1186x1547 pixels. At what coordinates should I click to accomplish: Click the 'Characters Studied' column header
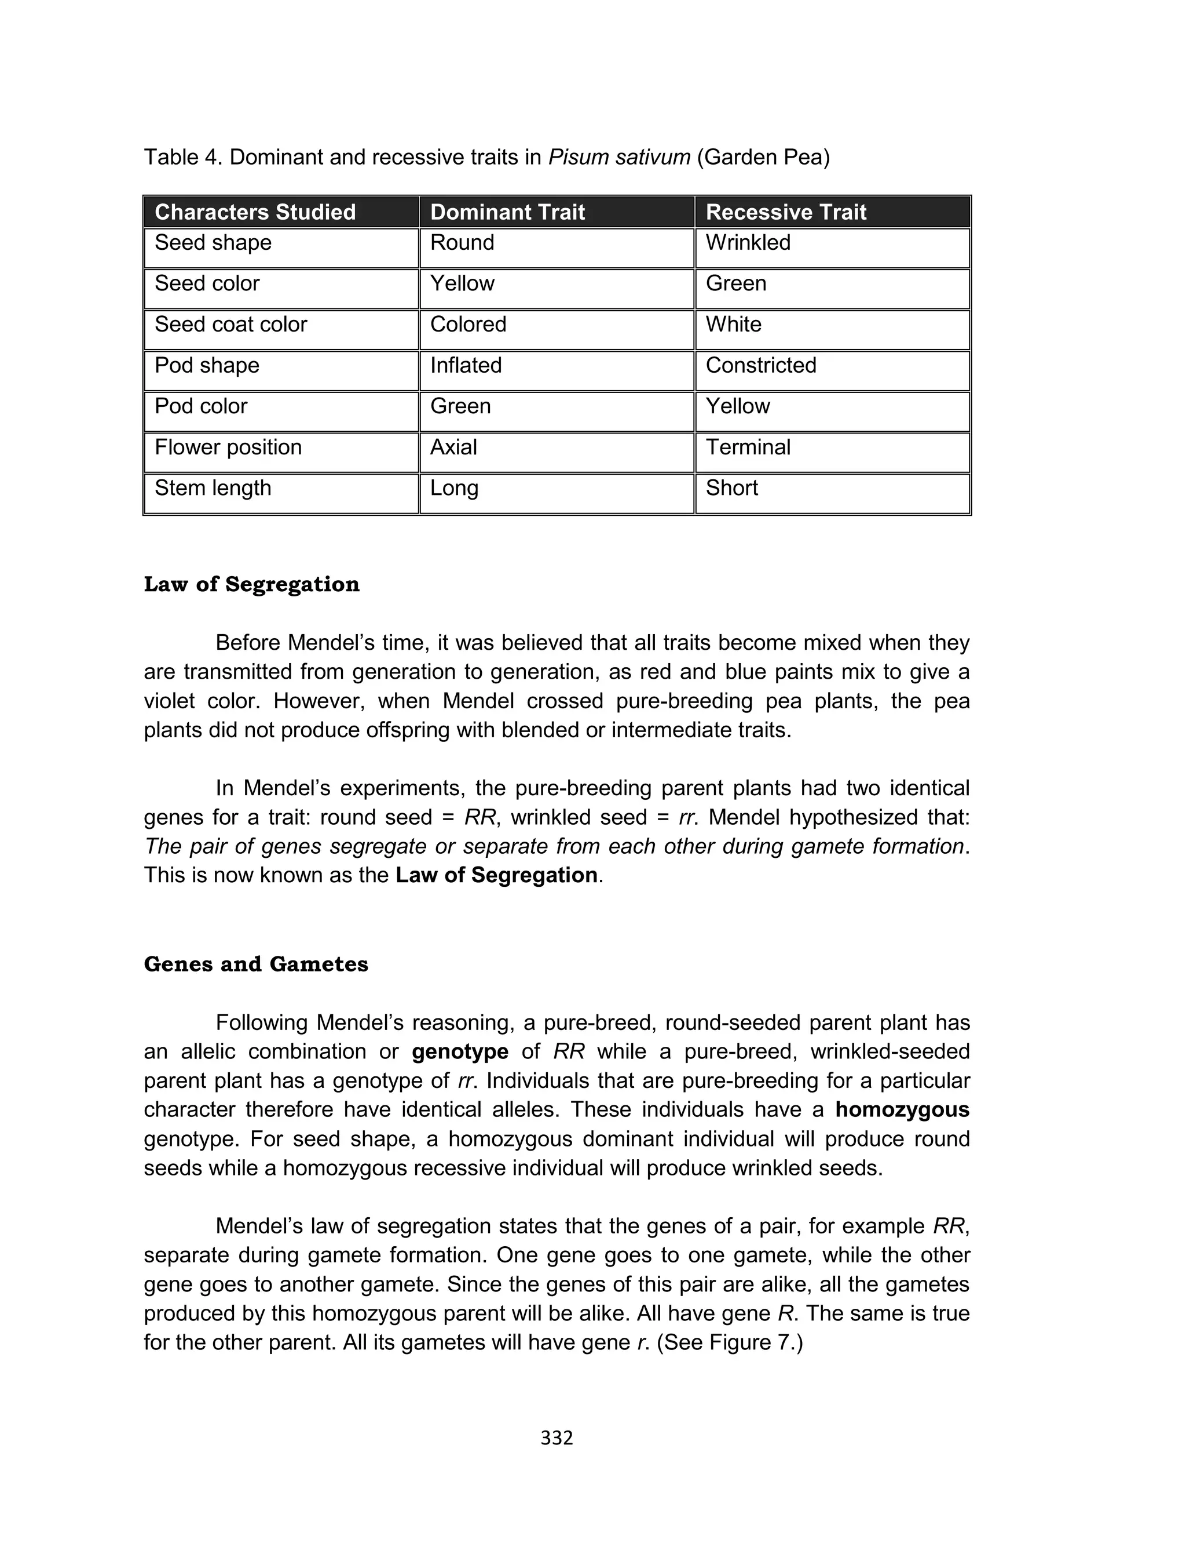click(255, 212)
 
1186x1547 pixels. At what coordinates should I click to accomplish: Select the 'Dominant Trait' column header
click(507, 212)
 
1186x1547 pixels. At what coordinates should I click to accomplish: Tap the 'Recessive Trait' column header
click(786, 212)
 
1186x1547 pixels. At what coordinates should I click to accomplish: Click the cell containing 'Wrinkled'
click(748, 242)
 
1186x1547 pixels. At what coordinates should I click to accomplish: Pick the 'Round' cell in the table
click(462, 242)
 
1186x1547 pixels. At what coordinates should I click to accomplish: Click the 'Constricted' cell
click(760, 365)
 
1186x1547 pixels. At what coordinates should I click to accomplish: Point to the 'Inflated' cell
click(466, 365)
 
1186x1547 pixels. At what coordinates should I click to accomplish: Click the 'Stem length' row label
click(213, 488)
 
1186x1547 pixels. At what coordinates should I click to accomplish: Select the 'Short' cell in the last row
click(731, 488)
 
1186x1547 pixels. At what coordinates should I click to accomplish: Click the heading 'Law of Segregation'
click(251, 584)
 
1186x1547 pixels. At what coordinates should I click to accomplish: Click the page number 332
click(557, 1438)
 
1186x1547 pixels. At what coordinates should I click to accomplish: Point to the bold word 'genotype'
click(460, 1052)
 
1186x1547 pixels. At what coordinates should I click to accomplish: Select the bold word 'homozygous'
click(902, 1110)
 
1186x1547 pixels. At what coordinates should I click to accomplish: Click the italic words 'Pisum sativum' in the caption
click(618, 157)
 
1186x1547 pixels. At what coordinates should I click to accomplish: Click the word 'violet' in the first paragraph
click(170, 701)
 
